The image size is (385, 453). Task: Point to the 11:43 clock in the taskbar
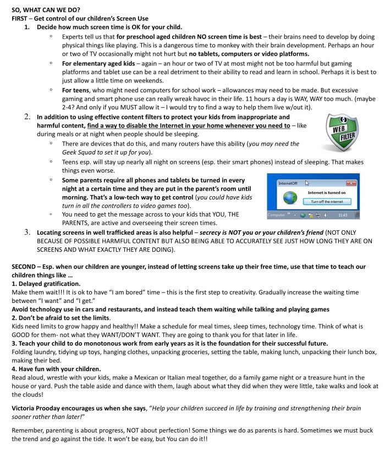pyautogui.click(x=343, y=215)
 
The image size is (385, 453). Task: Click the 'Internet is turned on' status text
pyautogui.click(x=326, y=193)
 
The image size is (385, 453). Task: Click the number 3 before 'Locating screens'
pyautogui.click(x=28, y=233)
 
